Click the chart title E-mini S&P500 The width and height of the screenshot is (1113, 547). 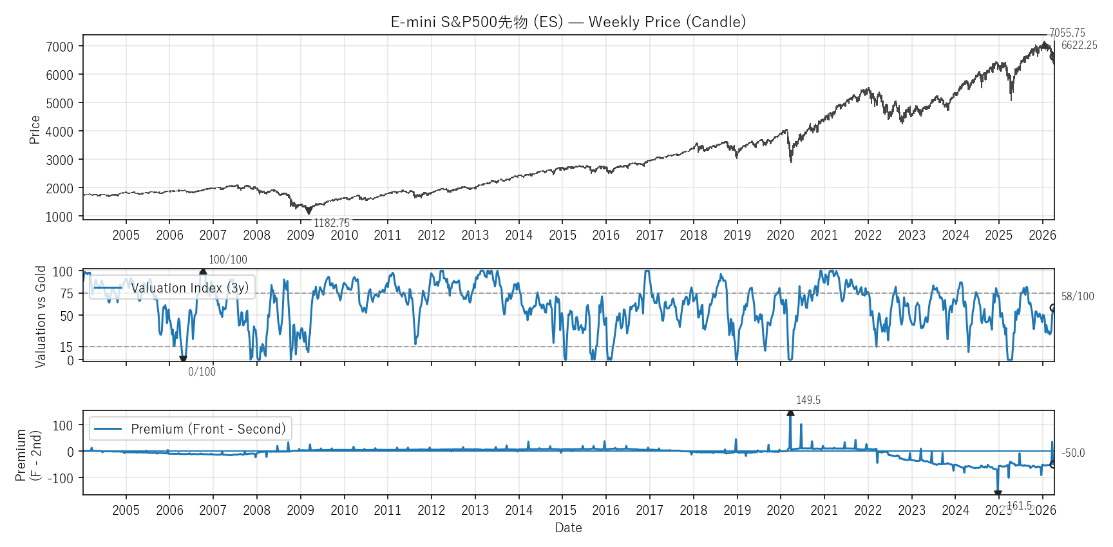coord(568,22)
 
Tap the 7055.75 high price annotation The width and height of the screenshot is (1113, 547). coord(1067,33)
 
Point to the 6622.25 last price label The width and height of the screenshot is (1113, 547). coord(1079,45)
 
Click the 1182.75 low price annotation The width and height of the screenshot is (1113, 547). coord(332,223)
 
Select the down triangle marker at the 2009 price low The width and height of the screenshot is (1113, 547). coord(309,211)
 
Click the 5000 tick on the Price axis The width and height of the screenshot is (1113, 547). coord(59,103)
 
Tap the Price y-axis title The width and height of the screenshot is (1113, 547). coord(35,130)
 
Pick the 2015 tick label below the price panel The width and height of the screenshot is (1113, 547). coord(562,235)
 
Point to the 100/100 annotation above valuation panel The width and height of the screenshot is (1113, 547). coord(227,260)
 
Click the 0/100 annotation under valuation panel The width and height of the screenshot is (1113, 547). coord(202,372)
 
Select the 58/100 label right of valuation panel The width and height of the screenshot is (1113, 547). coord(1078,296)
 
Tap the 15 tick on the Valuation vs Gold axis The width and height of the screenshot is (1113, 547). coord(66,347)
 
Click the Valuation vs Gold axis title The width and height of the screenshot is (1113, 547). coord(41,316)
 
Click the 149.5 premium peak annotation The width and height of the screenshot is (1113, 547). coord(808,400)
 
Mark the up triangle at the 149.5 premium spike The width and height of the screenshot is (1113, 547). coord(790,413)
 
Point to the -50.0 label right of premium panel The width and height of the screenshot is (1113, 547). coord(1073,453)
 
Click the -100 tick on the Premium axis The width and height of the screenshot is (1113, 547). coord(62,478)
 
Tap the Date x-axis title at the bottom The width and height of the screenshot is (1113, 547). coord(568,528)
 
